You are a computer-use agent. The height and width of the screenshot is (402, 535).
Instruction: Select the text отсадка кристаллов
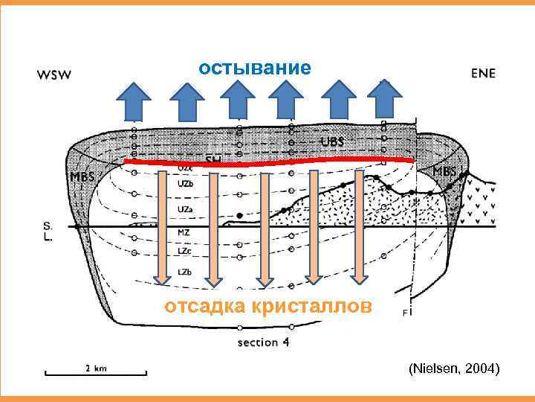[x=265, y=307]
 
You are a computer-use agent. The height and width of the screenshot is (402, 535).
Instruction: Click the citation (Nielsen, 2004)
[x=453, y=368]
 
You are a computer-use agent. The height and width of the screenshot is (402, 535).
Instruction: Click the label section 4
[x=268, y=343]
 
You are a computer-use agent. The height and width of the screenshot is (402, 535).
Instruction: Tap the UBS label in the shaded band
[x=332, y=141]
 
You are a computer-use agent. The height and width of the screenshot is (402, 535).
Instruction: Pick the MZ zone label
[x=184, y=233]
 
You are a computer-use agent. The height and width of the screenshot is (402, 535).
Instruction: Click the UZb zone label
[x=186, y=183]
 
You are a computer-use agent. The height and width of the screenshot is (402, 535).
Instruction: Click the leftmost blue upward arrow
[x=134, y=100]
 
